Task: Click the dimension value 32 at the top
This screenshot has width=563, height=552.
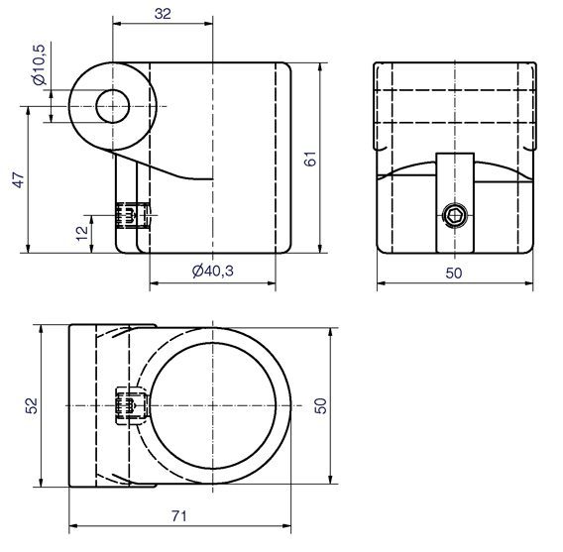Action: coord(163,14)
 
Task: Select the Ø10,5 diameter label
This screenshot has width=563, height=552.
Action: coord(39,64)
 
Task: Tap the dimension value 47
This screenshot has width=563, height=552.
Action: coord(18,179)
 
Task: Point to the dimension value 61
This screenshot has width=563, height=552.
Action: coord(310,159)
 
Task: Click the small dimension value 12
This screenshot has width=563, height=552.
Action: coord(82,233)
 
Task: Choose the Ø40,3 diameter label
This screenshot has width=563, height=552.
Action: coord(212,271)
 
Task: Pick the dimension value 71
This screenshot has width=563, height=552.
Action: coord(179,516)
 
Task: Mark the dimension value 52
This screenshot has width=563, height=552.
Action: coord(32,405)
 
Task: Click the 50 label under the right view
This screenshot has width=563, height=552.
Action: coord(454,274)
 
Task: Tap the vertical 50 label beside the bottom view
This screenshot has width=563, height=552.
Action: coord(320,405)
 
